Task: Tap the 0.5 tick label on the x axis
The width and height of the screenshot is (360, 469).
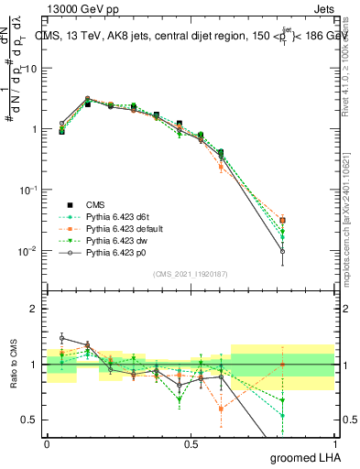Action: click(190, 444)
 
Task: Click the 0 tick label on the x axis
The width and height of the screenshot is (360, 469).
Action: click(47, 444)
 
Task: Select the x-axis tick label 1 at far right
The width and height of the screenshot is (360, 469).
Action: click(333, 444)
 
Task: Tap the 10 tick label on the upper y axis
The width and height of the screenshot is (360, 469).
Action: click(31, 69)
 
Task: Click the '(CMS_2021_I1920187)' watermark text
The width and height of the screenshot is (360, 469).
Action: click(190, 274)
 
